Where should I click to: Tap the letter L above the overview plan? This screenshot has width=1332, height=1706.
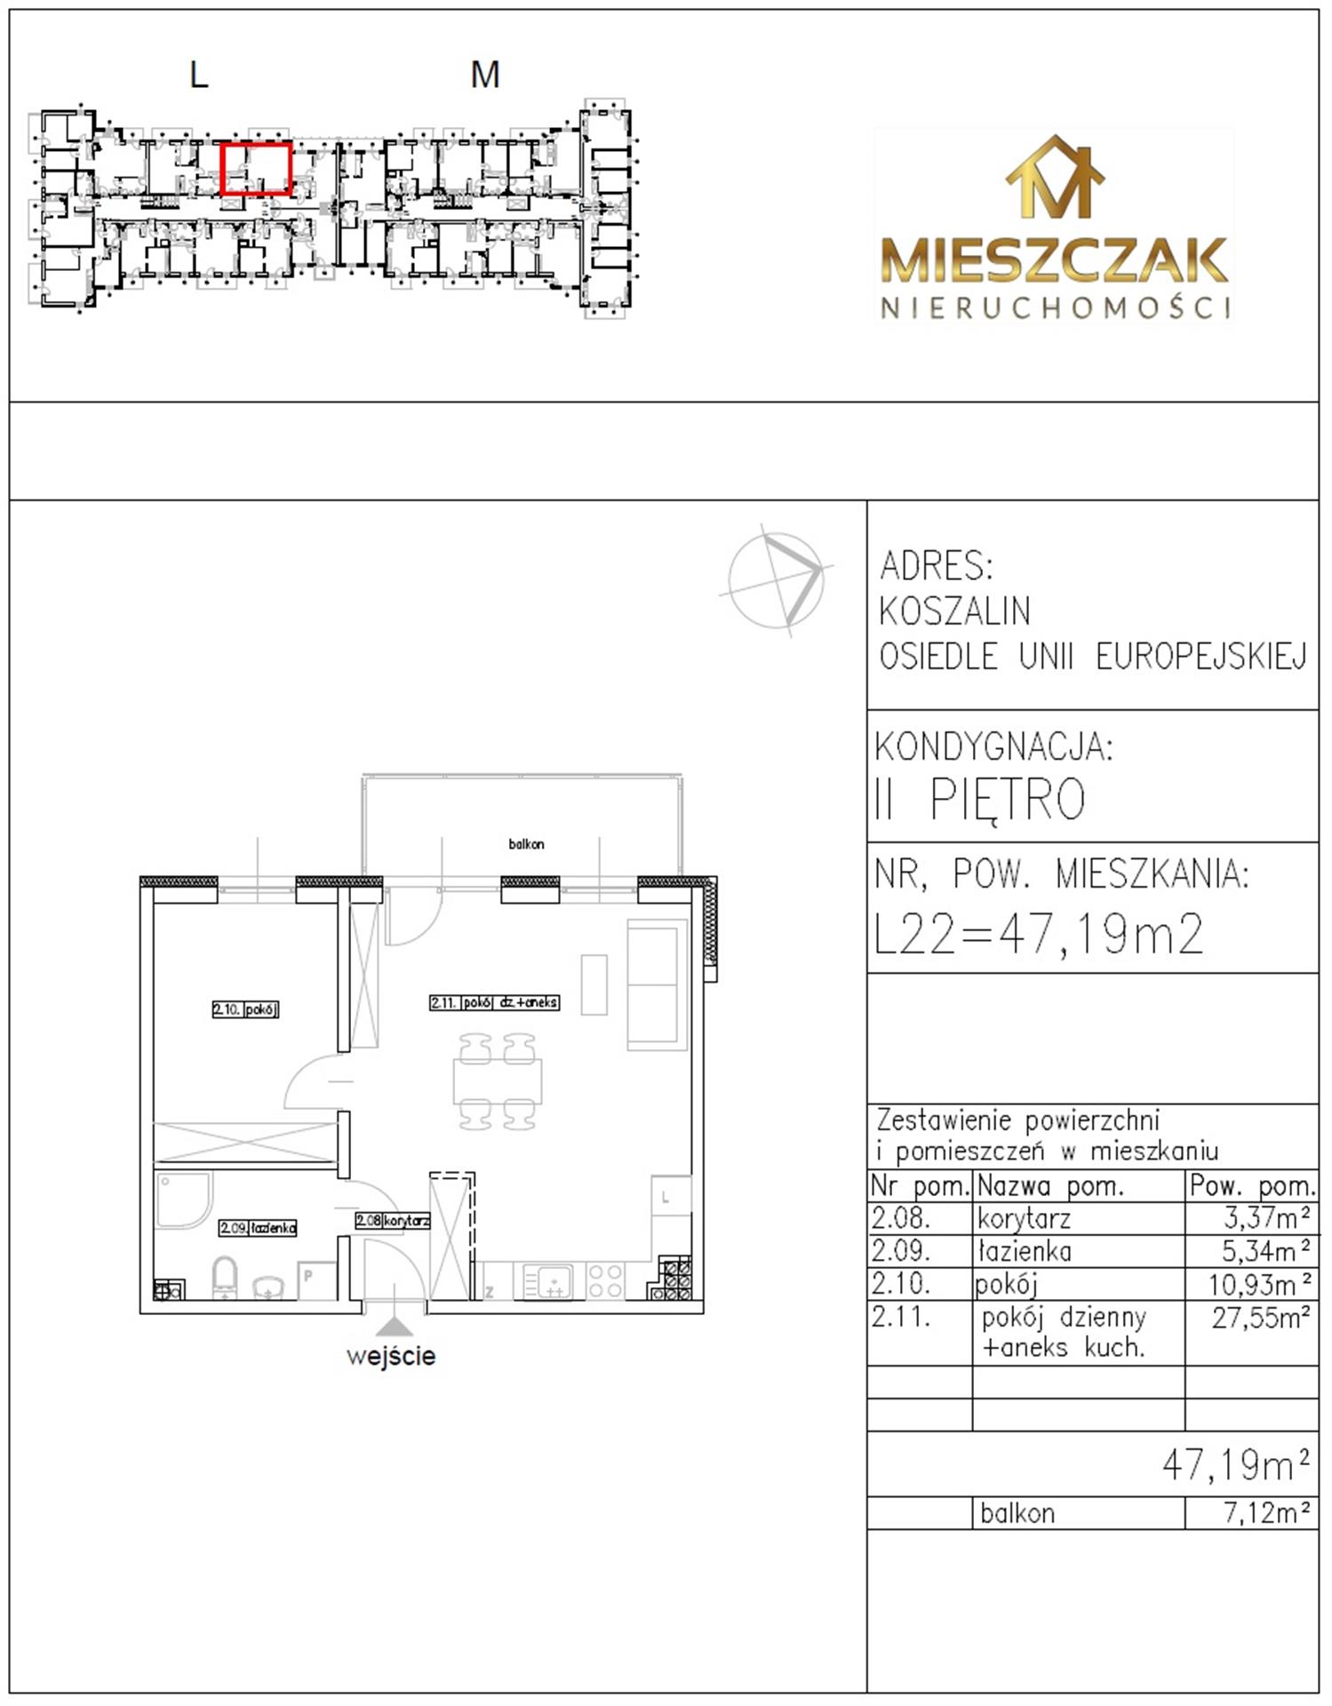(x=199, y=75)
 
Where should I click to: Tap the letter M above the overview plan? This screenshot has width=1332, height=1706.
(x=485, y=75)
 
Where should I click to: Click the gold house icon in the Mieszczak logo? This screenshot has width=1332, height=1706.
(x=1055, y=177)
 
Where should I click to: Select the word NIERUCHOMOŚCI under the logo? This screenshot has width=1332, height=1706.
(x=1056, y=307)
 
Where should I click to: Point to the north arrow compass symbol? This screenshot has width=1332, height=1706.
(x=778, y=579)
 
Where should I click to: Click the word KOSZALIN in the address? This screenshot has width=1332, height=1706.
(x=955, y=611)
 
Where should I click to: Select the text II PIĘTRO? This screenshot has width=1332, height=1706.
(x=980, y=799)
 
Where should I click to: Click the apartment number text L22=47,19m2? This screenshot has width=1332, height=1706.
(x=1040, y=934)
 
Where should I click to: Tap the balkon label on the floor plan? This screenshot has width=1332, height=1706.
(x=526, y=844)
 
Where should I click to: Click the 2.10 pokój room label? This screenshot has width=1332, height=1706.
(x=245, y=1009)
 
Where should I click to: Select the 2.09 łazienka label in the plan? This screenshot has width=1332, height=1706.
(x=258, y=1228)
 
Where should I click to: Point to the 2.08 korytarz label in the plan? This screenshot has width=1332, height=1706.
(x=392, y=1221)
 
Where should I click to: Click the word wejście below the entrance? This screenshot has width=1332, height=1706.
(x=391, y=1357)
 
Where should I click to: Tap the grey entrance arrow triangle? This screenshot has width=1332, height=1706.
(x=395, y=1326)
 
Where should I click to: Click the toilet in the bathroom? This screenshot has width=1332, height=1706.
(x=226, y=1277)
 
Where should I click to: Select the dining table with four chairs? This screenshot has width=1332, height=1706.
(x=498, y=1081)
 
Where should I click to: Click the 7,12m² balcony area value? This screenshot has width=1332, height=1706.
(x=1267, y=1512)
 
